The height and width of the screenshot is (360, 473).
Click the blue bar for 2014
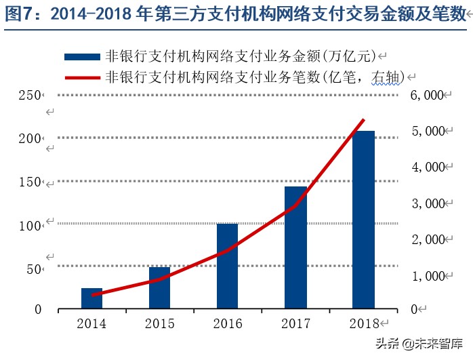(91, 298)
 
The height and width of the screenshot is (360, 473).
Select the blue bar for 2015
(159, 287)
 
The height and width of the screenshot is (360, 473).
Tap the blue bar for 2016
(227, 266)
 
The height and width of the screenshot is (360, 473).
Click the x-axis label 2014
(91, 323)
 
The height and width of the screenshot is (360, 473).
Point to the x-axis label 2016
(228, 323)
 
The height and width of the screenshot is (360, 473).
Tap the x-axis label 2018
(364, 323)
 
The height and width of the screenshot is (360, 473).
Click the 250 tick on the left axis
(28, 96)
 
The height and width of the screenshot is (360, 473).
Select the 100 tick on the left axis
(28, 224)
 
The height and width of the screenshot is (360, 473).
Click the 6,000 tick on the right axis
(426, 96)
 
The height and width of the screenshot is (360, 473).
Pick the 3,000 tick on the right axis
(426, 203)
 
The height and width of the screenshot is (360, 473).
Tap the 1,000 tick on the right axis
(426, 276)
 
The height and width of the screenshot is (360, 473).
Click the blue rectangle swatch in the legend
(81, 57)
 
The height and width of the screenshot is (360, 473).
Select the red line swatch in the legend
(81, 77)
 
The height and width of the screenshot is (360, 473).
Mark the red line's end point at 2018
(364, 119)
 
